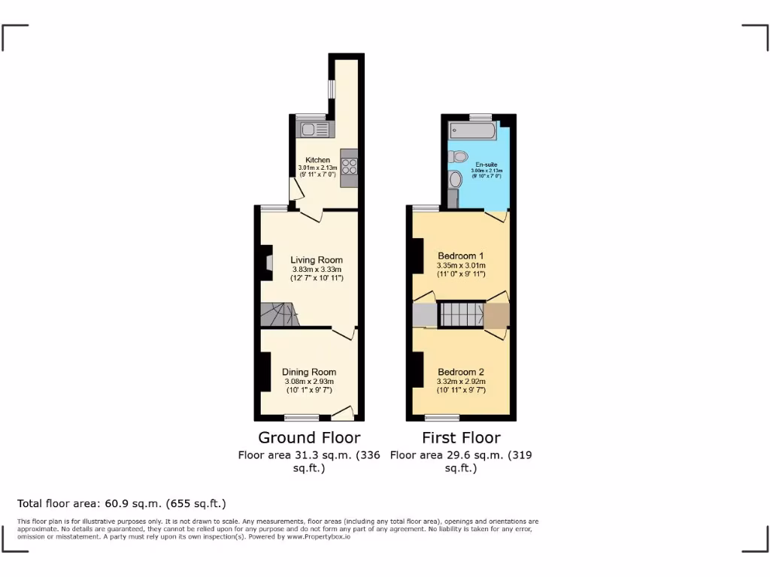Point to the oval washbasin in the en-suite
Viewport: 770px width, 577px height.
(454, 180)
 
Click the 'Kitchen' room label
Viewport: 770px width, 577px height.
(317, 160)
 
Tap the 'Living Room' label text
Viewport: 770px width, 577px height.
(317, 260)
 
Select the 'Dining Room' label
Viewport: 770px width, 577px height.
(309, 372)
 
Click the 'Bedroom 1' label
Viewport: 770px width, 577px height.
(462, 255)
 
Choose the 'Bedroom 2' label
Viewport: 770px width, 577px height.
(462, 372)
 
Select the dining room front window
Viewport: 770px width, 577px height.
(302, 417)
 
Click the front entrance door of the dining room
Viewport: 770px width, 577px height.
(342, 413)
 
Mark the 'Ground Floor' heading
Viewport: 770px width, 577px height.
(309, 437)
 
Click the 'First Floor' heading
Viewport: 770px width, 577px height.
(461, 437)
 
